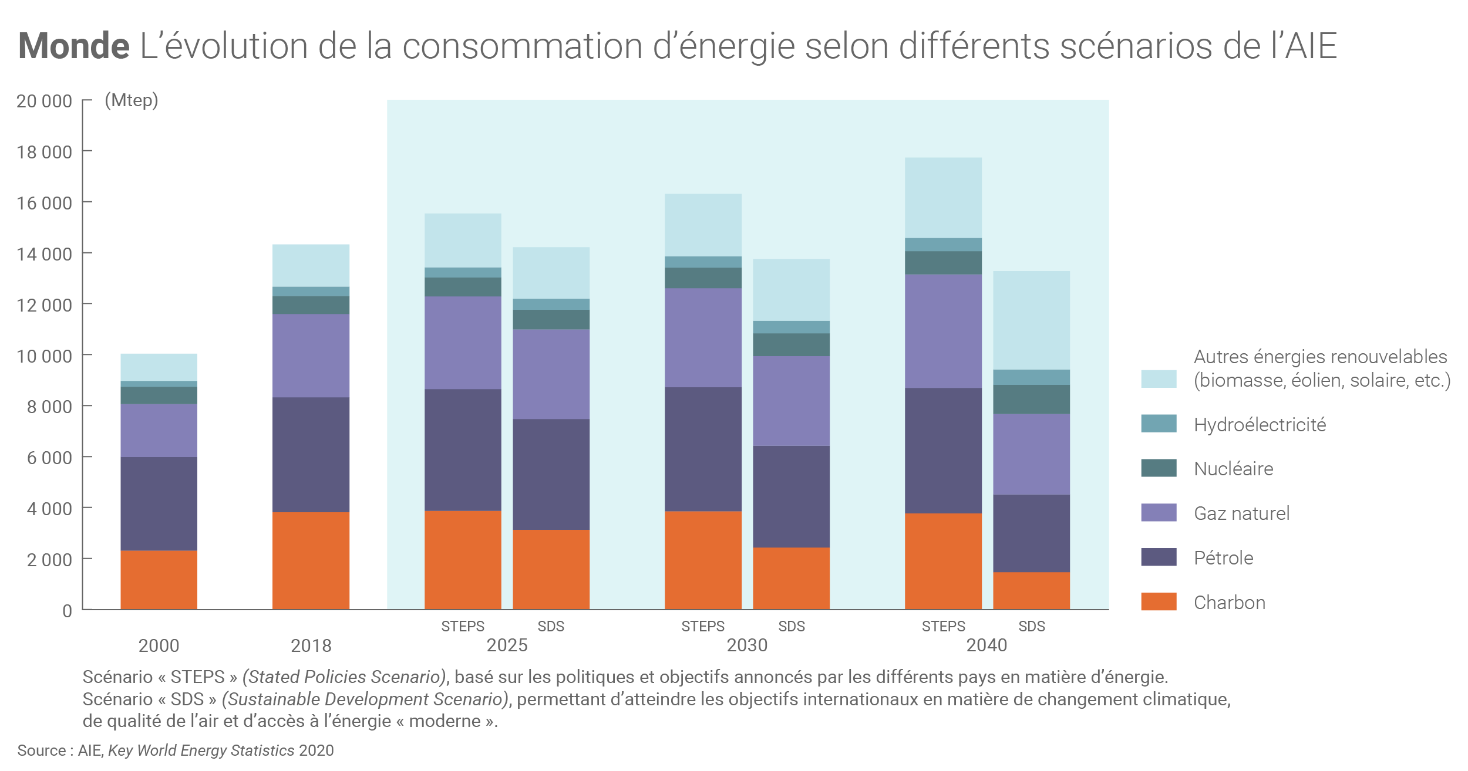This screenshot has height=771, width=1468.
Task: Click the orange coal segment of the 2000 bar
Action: pyautogui.click(x=159, y=579)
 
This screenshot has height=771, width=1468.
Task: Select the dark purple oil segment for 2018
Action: pyautogui.click(x=311, y=455)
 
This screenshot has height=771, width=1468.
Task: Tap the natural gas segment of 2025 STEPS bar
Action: pyautogui.click(x=463, y=343)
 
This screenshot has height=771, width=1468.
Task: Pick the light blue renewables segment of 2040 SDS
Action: pyautogui.click(x=1031, y=320)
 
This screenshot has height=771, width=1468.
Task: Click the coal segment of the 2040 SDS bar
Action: pyautogui.click(x=1031, y=590)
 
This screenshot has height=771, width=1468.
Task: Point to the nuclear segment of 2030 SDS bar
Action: pyautogui.click(x=791, y=345)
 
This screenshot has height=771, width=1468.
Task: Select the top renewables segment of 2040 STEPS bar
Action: pyautogui.click(x=943, y=198)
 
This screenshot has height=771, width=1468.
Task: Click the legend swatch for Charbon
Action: pyautogui.click(x=1159, y=601)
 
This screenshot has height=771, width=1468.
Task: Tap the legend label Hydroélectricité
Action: pyautogui.click(x=1260, y=425)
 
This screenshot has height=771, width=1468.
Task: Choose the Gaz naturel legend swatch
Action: pyautogui.click(x=1159, y=512)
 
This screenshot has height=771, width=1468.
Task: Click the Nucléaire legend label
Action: pyautogui.click(x=1233, y=469)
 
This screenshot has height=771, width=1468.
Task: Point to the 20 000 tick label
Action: pyautogui.click(x=45, y=102)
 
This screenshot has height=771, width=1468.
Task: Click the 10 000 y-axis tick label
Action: pyautogui.click(x=45, y=356)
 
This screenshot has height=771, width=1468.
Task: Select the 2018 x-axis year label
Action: pyautogui.click(x=311, y=645)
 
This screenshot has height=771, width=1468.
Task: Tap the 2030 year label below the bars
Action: pyautogui.click(x=747, y=645)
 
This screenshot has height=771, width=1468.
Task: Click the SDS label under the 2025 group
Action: pyautogui.click(x=551, y=627)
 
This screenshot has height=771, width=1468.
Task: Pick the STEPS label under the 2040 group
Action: pyautogui.click(x=943, y=627)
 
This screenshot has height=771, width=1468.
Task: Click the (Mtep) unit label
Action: pyautogui.click(x=132, y=100)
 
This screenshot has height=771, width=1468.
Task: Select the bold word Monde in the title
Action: pyautogui.click(x=74, y=46)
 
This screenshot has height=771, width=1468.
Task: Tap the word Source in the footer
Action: pyautogui.click(x=41, y=750)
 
